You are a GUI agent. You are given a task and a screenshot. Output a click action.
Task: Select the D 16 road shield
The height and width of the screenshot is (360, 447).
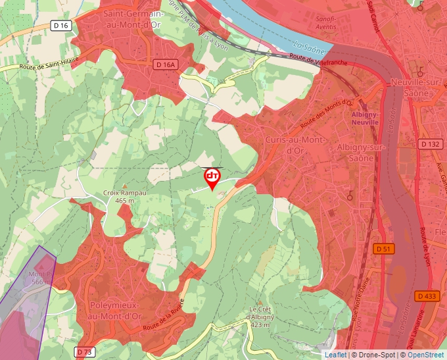tap(60, 25)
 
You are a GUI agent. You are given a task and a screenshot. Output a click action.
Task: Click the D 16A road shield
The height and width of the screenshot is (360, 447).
tap(166, 64)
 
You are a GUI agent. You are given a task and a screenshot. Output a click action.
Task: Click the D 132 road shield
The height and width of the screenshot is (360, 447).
tap(430, 144)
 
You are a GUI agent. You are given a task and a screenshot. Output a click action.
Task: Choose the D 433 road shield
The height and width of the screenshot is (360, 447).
tap(427, 296)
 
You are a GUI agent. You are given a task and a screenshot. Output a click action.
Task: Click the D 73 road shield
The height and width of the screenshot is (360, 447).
tap(83, 352)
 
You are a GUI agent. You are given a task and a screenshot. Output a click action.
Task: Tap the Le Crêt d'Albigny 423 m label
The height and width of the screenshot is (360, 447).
tap(262, 318)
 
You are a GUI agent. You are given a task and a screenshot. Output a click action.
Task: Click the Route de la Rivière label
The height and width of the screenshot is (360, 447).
tap(166, 311)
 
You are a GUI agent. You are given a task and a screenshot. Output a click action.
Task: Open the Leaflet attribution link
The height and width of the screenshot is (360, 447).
tap(335, 355)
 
